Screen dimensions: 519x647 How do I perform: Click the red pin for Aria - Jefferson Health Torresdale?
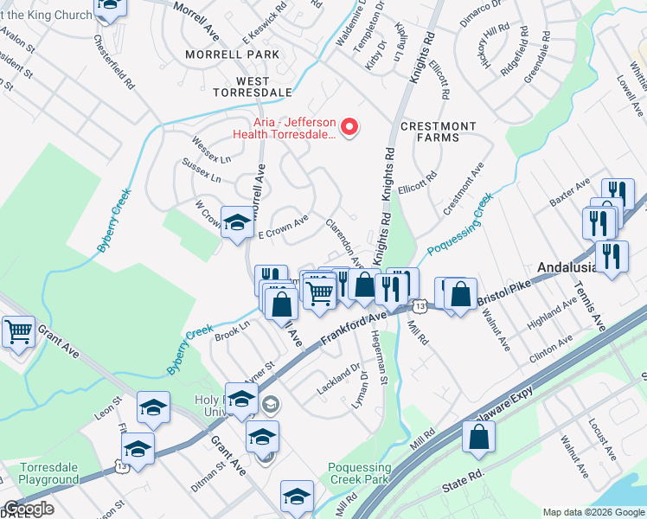pyautogui.click(x=350, y=128)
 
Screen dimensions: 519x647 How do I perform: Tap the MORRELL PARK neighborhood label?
pyautogui.click(x=233, y=54)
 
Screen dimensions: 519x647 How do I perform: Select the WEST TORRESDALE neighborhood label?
pyautogui.click(x=234, y=91)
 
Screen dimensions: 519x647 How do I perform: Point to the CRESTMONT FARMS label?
pyautogui.click(x=439, y=134)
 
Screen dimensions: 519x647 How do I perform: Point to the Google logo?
pyautogui.click(x=29, y=509)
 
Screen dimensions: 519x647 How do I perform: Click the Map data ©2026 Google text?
pyautogui.click(x=593, y=512)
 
